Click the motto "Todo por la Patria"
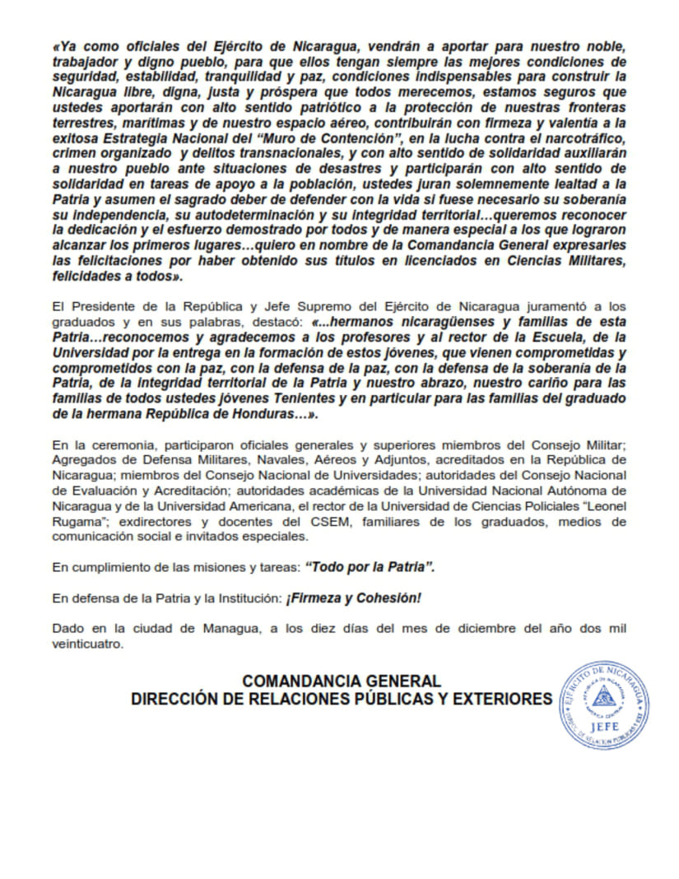370,568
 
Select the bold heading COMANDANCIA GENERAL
342,681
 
